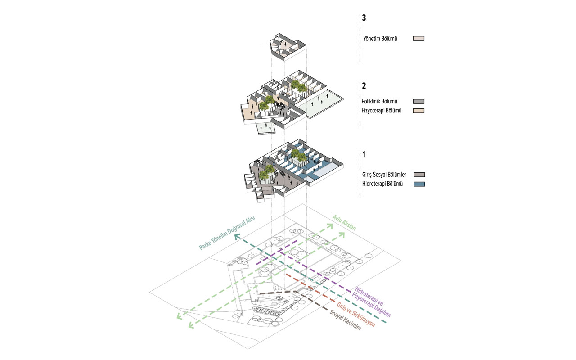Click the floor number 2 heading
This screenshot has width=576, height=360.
tap(364, 85)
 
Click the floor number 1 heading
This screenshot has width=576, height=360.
tap(364, 155)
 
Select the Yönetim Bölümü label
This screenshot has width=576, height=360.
tap(382, 39)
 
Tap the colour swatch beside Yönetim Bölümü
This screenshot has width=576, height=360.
tap(418, 39)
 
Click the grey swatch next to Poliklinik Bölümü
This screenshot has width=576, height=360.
tap(418, 102)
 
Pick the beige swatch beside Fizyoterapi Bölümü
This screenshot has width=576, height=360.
tap(418, 111)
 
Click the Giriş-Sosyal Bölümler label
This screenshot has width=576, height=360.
tap(384, 175)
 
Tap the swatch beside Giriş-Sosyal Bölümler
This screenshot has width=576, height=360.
tap(419, 175)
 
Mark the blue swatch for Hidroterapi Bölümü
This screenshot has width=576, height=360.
tap(419, 184)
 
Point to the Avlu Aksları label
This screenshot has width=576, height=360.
tap(344, 223)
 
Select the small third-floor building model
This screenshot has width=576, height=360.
tap(286, 47)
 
